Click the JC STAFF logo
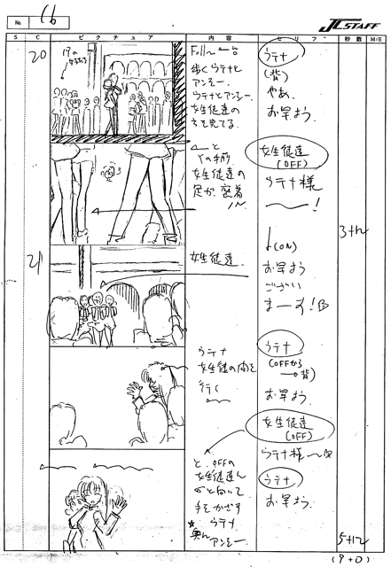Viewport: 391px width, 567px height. pyautogui.click(x=345, y=16)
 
